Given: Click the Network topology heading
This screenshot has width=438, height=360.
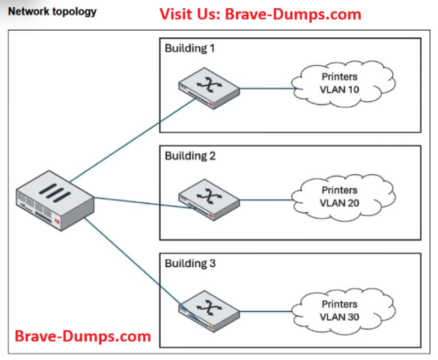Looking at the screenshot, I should click(52, 12).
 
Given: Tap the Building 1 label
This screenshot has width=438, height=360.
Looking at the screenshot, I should click(191, 49).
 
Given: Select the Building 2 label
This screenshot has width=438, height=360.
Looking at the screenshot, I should click(191, 156).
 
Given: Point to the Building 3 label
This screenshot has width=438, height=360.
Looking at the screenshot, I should click(191, 263).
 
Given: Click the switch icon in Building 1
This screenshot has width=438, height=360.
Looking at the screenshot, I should click(209, 89).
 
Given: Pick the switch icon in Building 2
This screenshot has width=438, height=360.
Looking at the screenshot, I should click(209, 197).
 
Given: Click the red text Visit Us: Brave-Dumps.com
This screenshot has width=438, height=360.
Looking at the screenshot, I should click(260, 14).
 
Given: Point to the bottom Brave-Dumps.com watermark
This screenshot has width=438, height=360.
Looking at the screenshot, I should click(83, 336).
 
